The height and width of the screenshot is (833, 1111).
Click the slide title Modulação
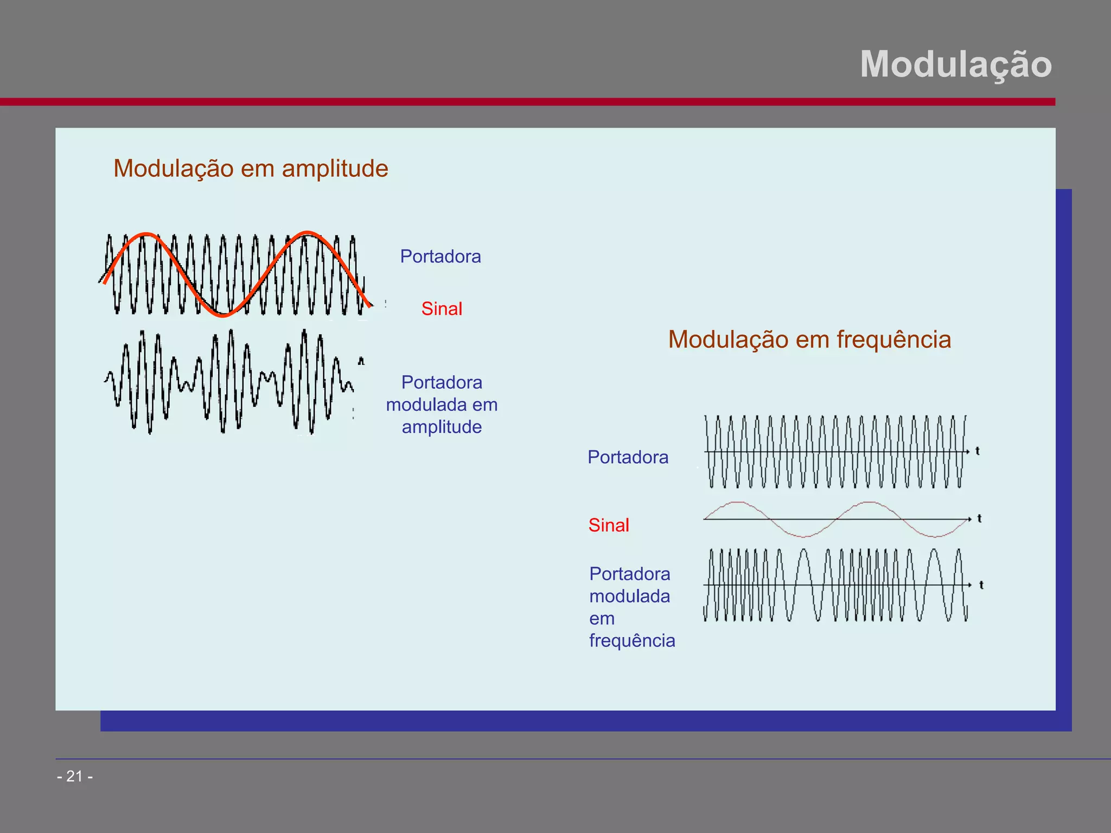pos(955,65)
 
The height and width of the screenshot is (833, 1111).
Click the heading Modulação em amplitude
pos(251,168)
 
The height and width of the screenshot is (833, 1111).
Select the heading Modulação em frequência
pos(809,339)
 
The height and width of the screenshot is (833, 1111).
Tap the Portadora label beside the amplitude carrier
pos(440,257)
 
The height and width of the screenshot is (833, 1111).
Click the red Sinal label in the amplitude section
pos(442,309)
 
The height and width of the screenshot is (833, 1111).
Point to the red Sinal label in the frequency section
pos(609,525)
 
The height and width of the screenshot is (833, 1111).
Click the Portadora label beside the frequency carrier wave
pos(628,457)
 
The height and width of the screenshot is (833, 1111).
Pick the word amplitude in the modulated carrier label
pos(442,427)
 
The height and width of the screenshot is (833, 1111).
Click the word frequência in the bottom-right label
pos(632,640)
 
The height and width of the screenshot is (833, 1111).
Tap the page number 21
pos(75,776)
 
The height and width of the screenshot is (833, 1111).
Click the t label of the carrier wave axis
pos(978,451)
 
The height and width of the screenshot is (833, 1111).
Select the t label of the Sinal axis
pos(979,518)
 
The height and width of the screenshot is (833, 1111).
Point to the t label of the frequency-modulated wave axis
pos(981,585)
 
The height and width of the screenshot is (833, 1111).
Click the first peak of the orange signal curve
pos(146,235)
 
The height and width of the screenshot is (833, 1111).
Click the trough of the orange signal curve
pos(223,315)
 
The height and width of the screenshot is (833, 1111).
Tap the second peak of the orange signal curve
pos(307,233)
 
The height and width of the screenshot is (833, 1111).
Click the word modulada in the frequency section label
pos(629,596)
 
